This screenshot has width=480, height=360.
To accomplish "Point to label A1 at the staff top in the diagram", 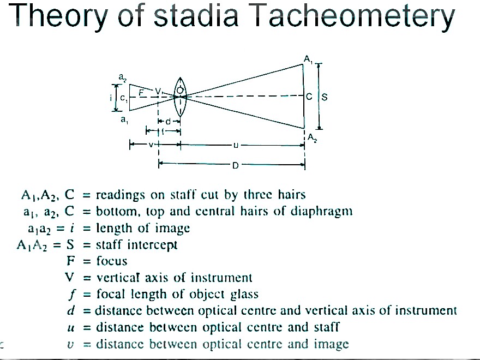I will click(x=309, y=58).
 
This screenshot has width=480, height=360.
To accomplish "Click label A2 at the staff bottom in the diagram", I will click(x=312, y=139).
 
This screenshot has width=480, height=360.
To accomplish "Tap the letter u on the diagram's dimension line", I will click(x=236, y=146).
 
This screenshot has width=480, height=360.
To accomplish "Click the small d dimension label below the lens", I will click(x=168, y=121).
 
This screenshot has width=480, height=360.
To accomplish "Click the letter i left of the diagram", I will click(x=111, y=98).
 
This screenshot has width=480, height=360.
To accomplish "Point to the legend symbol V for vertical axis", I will click(x=69, y=278).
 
